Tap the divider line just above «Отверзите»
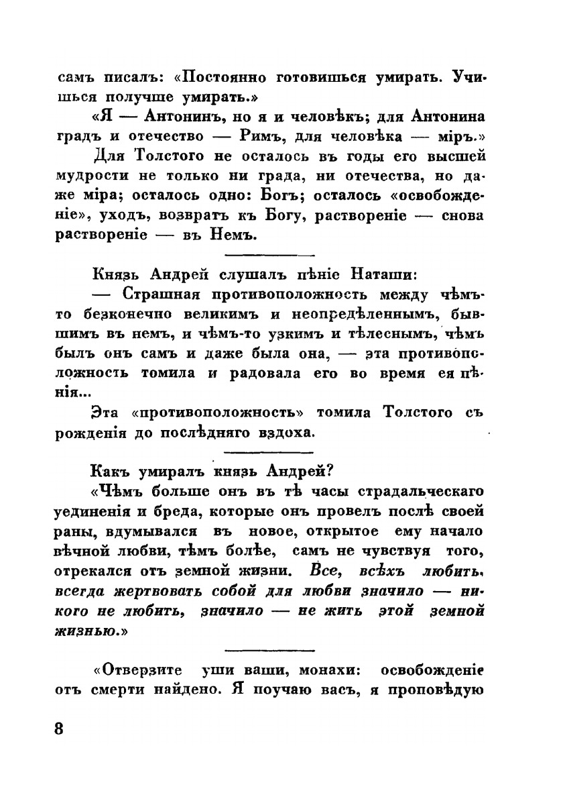270,649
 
